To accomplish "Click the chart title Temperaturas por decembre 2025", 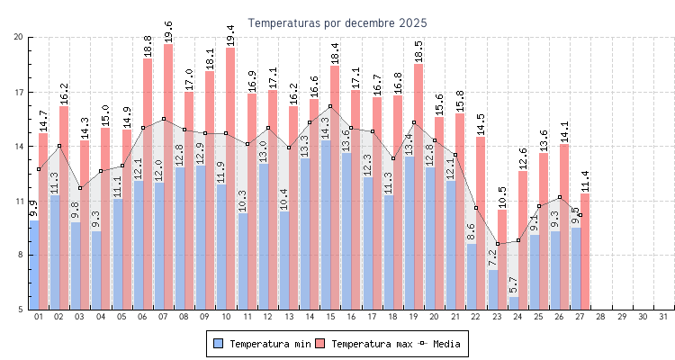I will tap(337, 22).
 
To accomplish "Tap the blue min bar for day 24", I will tap(514, 303).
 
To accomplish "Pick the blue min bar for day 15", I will tap(326, 225).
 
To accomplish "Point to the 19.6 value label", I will tap(168, 31).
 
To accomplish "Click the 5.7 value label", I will tap(514, 283).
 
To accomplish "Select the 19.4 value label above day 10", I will tap(230, 34).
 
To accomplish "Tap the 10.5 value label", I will tap(502, 196).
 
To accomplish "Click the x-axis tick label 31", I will tap(663, 317).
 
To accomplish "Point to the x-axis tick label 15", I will tap(330, 317).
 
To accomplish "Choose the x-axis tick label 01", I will tap(39, 317).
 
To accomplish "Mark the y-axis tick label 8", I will tap(21, 255).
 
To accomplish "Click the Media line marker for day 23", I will tap(498, 244).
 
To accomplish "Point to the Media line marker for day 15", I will tap(330, 106).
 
